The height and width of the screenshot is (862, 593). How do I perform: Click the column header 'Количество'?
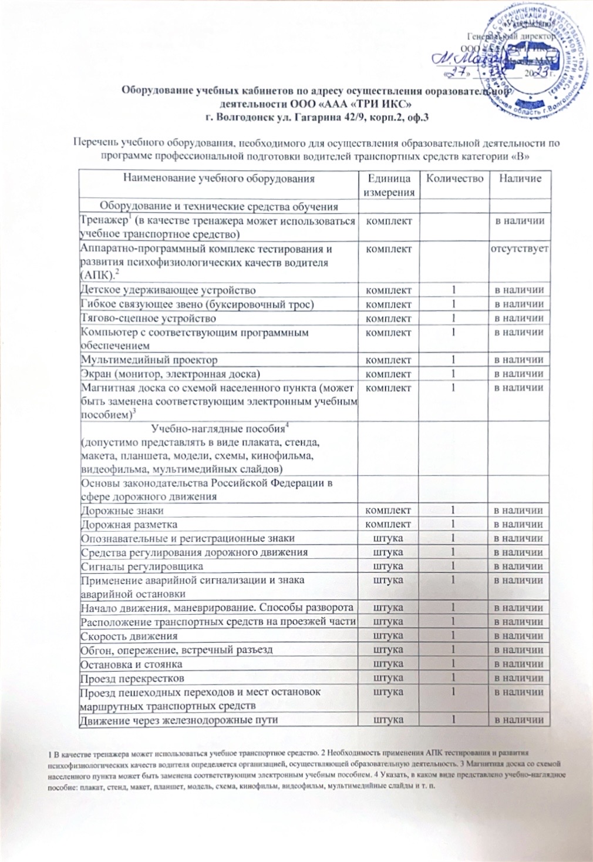[x=454, y=179]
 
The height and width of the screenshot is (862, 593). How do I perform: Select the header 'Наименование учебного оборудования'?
[x=218, y=179]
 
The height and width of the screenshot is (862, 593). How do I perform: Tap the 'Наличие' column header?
[x=520, y=179]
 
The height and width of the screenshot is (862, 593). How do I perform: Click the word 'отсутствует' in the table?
[x=520, y=249]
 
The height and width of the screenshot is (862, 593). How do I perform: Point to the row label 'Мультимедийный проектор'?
[x=149, y=360]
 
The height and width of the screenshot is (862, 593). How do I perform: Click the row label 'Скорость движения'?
[x=129, y=636]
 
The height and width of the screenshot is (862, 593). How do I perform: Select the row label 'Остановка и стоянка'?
[x=132, y=665]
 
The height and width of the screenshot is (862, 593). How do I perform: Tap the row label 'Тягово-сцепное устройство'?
[x=149, y=318]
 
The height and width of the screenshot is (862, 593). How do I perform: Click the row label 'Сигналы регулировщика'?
[x=142, y=566]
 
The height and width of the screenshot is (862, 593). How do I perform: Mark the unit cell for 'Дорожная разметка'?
[x=388, y=524]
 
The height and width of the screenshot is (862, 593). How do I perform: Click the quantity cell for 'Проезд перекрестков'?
[x=454, y=678]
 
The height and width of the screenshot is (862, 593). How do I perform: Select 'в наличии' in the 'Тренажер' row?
[x=520, y=221]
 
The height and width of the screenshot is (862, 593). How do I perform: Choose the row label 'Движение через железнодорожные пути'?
[x=180, y=720]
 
